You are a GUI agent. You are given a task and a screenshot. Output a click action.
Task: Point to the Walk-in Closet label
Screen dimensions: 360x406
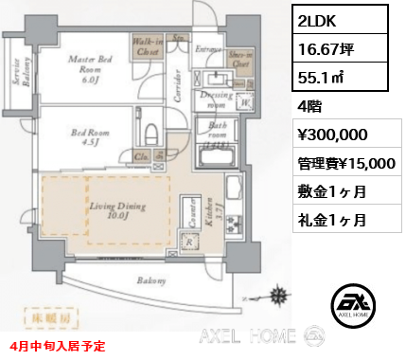(146, 46)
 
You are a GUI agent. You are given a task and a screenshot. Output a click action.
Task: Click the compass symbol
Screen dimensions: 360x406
(279, 295)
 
